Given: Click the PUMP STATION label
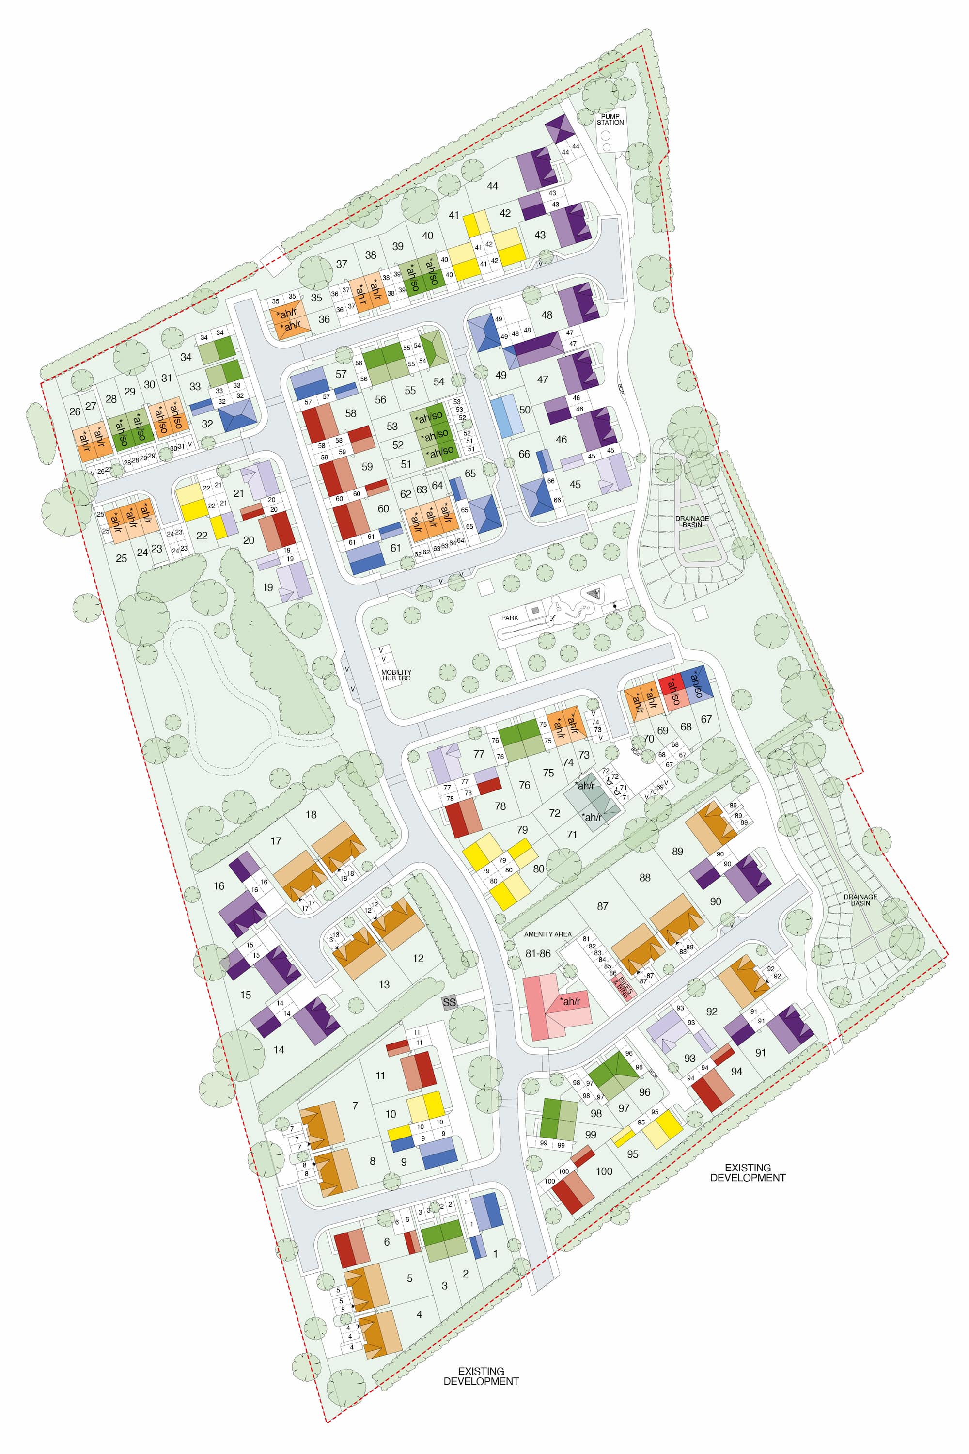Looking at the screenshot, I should click(610, 119).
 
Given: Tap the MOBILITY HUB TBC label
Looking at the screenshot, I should click(396, 675).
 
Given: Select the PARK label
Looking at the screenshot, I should click(510, 617).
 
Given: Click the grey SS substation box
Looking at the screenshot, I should click(449, 1002).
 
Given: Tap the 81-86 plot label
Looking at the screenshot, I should click(538, 953).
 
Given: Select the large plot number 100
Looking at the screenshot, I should click(604, 1171).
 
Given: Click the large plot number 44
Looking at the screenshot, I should click(492, 186).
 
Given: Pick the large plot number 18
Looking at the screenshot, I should click(311, 814).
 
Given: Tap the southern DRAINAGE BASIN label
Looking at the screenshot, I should click(860, 900).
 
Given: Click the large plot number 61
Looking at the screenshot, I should click(395, 548).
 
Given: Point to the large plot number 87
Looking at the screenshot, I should click(603, 906).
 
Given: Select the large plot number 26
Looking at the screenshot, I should click(75, 411).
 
